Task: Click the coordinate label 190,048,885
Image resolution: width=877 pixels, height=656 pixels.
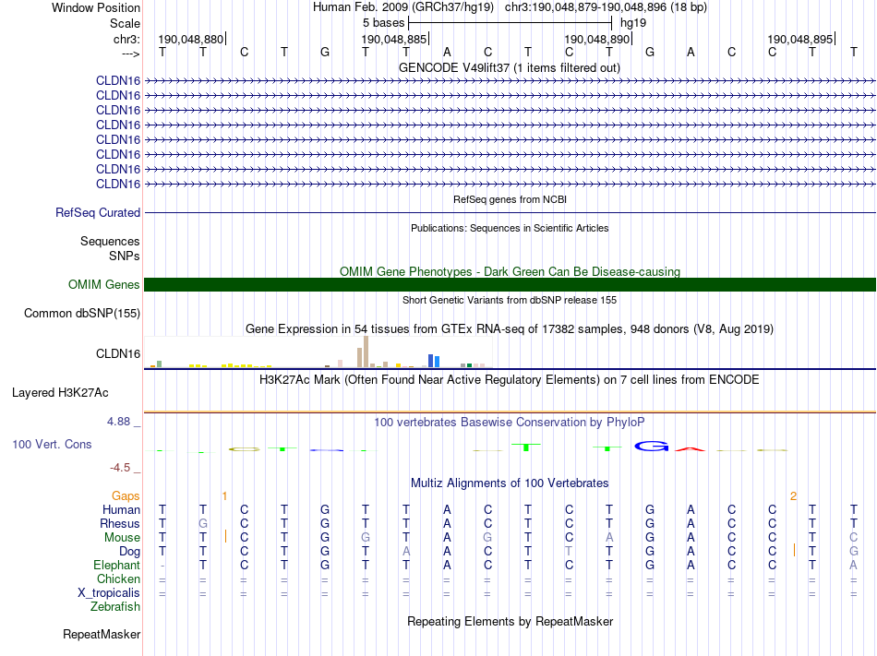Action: coord(394,40)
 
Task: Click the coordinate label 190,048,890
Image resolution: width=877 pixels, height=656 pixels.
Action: coord(597,40)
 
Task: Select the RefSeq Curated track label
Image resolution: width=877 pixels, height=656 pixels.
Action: coord(98,212)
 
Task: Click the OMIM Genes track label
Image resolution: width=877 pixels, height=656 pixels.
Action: coord(104,285)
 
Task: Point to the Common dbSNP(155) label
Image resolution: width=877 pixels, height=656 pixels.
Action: coord(82,314)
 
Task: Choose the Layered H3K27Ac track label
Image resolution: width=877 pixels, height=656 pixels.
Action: coord(60,393)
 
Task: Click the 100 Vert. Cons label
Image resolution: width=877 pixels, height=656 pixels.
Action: coord(52,445)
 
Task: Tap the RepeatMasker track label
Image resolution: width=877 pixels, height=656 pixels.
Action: coord(102,635)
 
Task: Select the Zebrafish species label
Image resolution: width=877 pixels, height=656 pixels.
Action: coord(115,607)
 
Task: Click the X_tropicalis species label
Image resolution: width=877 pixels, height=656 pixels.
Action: coord(109,593)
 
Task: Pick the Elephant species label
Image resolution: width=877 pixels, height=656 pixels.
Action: coord(116,566)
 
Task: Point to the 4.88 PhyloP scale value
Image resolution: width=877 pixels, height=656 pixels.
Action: coord(124,422)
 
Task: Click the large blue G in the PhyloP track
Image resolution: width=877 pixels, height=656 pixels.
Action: coord(651,447)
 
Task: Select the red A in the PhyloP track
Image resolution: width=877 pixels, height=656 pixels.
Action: coord(690,448)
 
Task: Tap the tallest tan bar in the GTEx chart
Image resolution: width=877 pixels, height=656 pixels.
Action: coord(366,352)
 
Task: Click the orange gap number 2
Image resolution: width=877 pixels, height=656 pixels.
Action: coord(793,496)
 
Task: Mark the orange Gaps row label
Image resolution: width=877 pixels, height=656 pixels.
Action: coord(126,496)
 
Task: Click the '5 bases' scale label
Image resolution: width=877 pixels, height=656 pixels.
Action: coord(382,22)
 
